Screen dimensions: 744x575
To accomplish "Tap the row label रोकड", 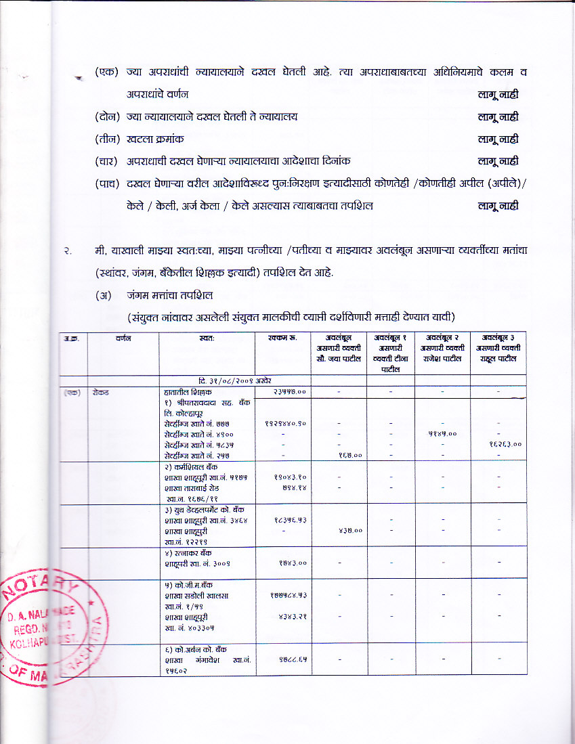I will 102,392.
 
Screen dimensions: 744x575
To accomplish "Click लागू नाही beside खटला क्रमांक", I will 498,139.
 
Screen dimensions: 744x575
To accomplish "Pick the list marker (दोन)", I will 107,116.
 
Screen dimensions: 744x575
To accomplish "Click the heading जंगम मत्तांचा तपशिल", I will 165,295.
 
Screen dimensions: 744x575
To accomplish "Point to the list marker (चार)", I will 107,161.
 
